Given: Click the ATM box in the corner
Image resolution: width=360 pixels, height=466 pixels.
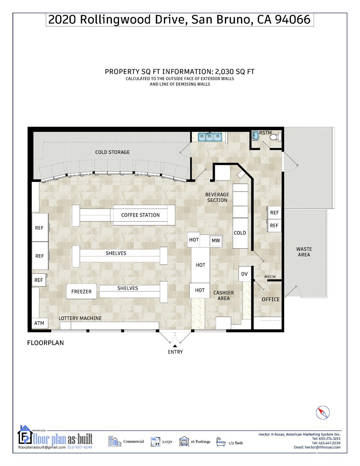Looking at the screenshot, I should [39, 323].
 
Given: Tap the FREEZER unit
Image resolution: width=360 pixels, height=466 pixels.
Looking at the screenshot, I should [81, 292].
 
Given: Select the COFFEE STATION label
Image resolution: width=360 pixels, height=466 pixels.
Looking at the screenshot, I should [140, 215].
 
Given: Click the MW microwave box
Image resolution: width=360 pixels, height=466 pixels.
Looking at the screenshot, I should [216, 240].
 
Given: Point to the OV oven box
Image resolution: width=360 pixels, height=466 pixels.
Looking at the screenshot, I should [244, 274].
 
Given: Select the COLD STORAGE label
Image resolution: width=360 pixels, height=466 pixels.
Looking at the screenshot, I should [112, 152].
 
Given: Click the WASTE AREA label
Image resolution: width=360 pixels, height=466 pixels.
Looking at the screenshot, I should [304, 252].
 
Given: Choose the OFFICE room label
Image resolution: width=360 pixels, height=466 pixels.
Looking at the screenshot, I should [271, 299].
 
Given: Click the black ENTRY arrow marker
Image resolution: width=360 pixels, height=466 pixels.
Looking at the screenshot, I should [175, 346].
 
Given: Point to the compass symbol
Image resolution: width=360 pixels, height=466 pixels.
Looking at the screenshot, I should [323, 413].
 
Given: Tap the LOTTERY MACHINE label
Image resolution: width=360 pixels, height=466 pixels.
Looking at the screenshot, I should [80, 318].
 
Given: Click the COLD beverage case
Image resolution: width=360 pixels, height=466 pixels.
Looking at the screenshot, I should [240, 233].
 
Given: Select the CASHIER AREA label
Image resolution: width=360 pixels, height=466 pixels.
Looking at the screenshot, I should [224, 295].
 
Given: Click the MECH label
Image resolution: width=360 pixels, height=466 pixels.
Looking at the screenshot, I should [270, 277].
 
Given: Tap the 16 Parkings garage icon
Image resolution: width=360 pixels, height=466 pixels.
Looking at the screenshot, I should [184, 441].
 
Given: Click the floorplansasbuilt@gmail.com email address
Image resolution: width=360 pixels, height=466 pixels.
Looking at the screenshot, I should [42, 447].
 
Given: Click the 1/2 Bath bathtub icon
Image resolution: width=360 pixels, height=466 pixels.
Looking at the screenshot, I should [221, 441].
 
